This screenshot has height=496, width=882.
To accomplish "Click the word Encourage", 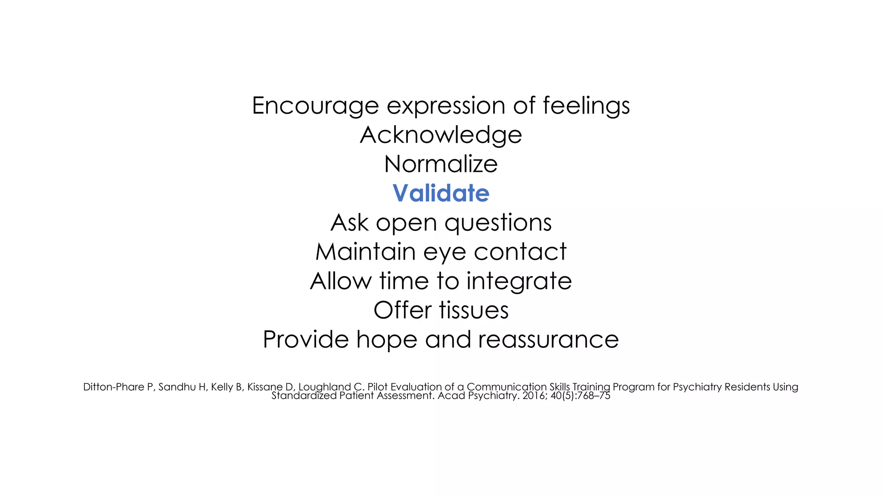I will point(315,106).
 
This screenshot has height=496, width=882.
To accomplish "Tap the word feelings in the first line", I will point(586,106).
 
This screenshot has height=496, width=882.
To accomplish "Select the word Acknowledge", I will point(441,135).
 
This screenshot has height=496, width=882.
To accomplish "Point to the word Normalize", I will point(441,164).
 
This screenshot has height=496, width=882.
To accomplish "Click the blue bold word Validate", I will point(441,193).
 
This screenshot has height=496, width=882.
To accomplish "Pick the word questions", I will point(498,223).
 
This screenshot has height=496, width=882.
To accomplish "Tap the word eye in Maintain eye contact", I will point(444,252).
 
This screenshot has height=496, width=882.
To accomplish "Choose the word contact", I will point(520,252).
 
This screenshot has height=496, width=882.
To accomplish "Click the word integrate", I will point(519,282).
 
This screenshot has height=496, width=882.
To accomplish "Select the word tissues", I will point(474,310).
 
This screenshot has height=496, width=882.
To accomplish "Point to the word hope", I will point(387,340).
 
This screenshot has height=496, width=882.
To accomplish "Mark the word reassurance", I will point(548,340).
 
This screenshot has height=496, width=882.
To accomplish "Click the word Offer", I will point(403,310).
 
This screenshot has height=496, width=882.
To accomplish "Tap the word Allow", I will point(341,282).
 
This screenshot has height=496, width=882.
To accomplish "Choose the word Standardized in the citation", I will point(304,396).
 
